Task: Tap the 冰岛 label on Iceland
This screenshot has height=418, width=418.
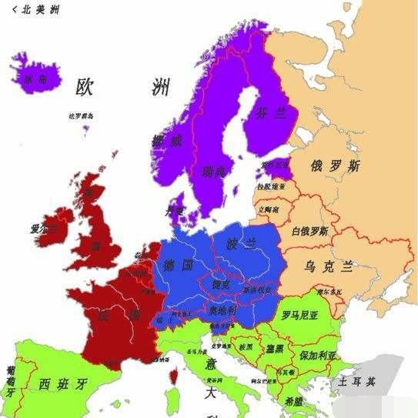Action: click(x=36, y=79)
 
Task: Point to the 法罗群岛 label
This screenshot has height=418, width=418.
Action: click(x=81, y=116)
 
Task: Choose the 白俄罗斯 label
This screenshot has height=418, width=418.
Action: click(x=310, y=230)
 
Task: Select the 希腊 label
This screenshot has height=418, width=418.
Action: click(x=293, y=401)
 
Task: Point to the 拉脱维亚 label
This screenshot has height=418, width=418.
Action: click(x=271, y=186)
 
